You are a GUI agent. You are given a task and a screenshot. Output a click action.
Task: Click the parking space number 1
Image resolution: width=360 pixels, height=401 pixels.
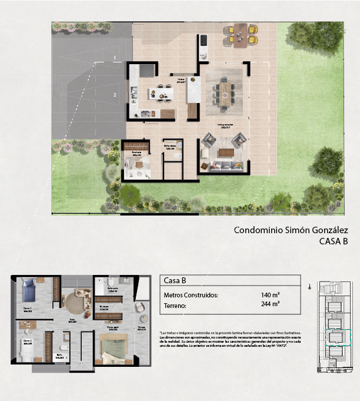coord(115,58)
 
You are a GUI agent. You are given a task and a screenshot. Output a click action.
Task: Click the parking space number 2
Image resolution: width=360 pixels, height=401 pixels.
coord(115,94)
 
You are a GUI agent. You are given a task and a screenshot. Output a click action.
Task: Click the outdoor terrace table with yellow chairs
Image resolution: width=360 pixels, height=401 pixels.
coord(241,35)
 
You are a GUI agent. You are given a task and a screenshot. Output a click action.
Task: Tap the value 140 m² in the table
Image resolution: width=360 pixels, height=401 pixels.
coord(270,295)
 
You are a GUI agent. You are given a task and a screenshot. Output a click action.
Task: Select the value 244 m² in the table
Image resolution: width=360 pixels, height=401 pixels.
coord(270,305)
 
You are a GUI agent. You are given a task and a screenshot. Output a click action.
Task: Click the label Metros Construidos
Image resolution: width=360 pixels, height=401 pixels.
coord(191,295)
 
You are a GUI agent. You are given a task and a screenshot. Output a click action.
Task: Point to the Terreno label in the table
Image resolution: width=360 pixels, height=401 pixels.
coord(175,306)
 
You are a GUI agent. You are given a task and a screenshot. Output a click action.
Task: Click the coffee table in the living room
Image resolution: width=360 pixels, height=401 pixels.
coord(225,153)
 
